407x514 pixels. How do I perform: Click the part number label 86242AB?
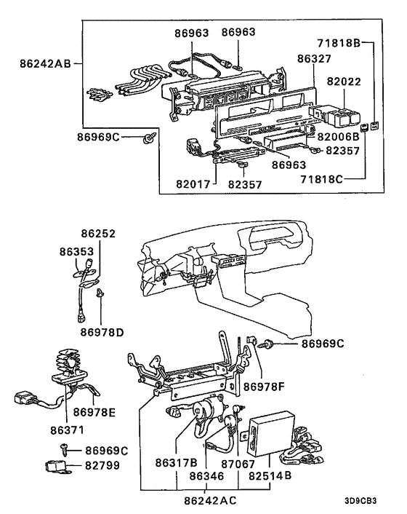point(46,64)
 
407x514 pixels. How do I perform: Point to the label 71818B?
point(336,43)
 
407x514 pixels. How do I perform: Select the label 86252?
point(98,234)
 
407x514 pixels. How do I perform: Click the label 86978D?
point(102,332)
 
